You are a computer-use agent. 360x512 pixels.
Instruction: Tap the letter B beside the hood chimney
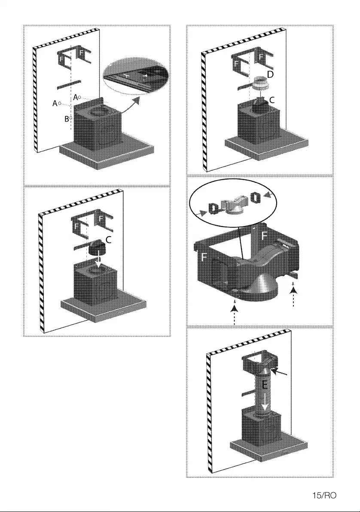point(67,119)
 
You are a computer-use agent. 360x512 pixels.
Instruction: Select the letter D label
point(270,74)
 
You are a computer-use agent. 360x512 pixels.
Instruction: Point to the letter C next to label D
point(272,99)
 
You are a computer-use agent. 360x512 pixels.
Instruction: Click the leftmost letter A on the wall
point(55,103)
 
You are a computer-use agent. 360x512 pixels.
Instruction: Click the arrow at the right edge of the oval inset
point(269,196)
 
